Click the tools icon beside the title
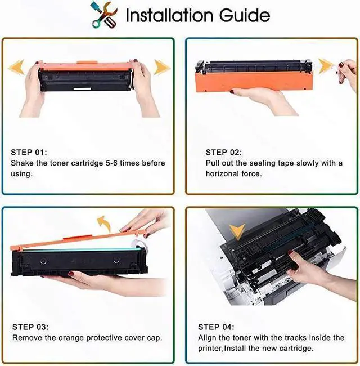[104, 15]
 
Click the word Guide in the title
[245, 15]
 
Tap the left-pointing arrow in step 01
[16, 67]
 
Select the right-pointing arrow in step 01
[162, 67]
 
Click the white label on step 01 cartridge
[82, 89]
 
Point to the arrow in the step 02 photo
[326, 66]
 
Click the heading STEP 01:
[29, 153]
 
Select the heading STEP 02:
[224, 153]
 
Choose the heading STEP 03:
[30, 327]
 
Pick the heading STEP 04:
[216, 327]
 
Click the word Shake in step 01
[22, 163]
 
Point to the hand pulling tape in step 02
[347, 74]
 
